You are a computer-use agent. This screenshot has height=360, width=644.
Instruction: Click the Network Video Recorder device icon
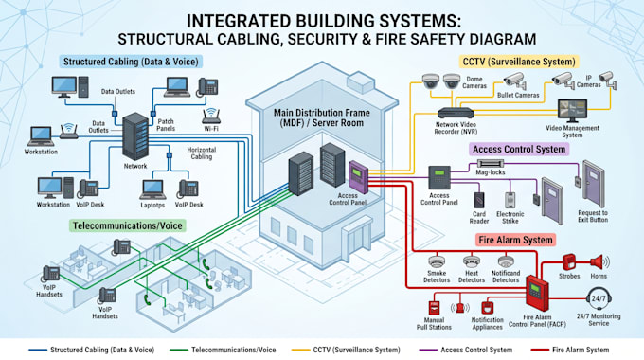[456, 113]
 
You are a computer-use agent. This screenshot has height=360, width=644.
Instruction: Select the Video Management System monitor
[572, 110]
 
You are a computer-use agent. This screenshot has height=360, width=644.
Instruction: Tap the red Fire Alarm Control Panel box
[537, 293]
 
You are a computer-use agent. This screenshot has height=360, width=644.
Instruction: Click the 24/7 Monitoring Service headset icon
[599, 299]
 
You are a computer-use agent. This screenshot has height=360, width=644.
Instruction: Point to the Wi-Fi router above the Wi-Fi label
[211, 116]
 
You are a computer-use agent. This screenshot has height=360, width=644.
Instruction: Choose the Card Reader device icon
[479, 201]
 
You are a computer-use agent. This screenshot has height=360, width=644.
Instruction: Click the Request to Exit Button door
[594, 183]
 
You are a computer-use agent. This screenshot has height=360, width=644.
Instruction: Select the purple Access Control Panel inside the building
[358, 177]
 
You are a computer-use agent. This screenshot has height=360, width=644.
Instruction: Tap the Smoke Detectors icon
[437, 261]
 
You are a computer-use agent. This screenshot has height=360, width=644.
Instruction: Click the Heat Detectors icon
[472, 261]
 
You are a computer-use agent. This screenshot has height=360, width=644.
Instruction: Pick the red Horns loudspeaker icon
[599, 262]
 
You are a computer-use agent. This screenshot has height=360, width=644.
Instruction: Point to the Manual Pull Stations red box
[434, 308]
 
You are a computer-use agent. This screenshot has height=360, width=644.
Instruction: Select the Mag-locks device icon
[491, 164]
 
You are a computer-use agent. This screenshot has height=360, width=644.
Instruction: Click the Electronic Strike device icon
[510, 201]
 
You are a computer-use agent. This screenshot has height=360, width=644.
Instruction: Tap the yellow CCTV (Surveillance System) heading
[519, 63]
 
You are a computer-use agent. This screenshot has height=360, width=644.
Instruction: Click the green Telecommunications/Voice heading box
[127, 225]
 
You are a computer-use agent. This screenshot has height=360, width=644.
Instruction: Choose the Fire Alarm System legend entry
[570, 350]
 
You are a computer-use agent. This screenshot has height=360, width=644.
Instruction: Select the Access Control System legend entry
[465, 350]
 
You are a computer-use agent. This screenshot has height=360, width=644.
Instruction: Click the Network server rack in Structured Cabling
[135, 136]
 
